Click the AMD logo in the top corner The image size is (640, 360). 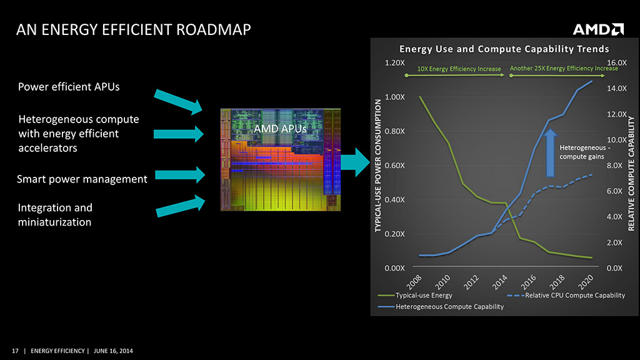tap(598, 29)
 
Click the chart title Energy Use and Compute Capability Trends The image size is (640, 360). tap(504, 49)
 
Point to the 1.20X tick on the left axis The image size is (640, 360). tap(394, 62)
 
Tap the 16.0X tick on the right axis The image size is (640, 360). tap(616, 62)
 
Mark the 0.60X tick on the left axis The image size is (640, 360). tap(394, 165)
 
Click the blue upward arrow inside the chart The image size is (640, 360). tap(550, 152)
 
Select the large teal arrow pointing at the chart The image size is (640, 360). tap(356, 161)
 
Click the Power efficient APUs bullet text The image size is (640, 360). tap(69, 87)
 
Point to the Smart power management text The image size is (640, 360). tap(82, 179)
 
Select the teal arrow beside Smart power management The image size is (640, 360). tap(179, 175)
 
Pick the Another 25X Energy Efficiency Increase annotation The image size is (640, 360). tap(564, 68)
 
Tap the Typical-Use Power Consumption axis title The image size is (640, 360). tap(379, 166)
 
